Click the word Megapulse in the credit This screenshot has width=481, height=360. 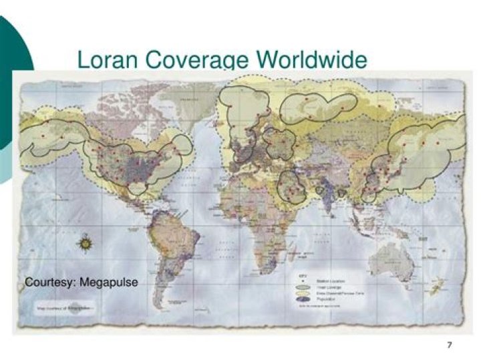(x=109, y=282)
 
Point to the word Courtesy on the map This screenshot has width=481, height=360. (x=49, y=282)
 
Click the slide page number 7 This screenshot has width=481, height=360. (x=449, y=345)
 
